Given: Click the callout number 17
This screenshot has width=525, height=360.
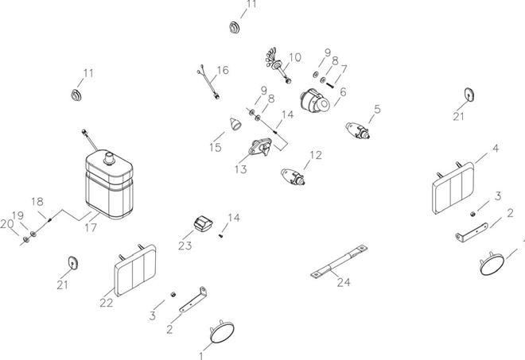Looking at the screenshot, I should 91,228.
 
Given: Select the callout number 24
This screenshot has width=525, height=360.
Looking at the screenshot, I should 344,282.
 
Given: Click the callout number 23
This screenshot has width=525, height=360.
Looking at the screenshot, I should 185,246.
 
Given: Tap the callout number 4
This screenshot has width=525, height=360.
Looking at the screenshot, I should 496,149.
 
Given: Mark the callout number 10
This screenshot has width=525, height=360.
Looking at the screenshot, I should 295,57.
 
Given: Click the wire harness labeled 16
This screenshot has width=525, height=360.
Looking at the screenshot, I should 210,82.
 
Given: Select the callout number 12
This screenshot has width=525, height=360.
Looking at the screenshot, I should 316,155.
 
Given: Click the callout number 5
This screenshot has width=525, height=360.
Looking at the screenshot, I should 377,108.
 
